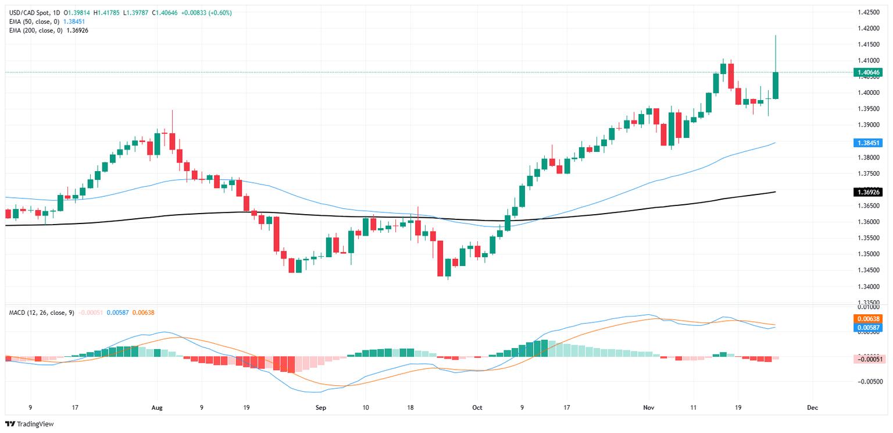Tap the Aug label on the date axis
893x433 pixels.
(x=155, y=408)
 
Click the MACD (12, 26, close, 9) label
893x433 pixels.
(x=41, y=313)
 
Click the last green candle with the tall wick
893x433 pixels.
(x=776, y=85)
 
